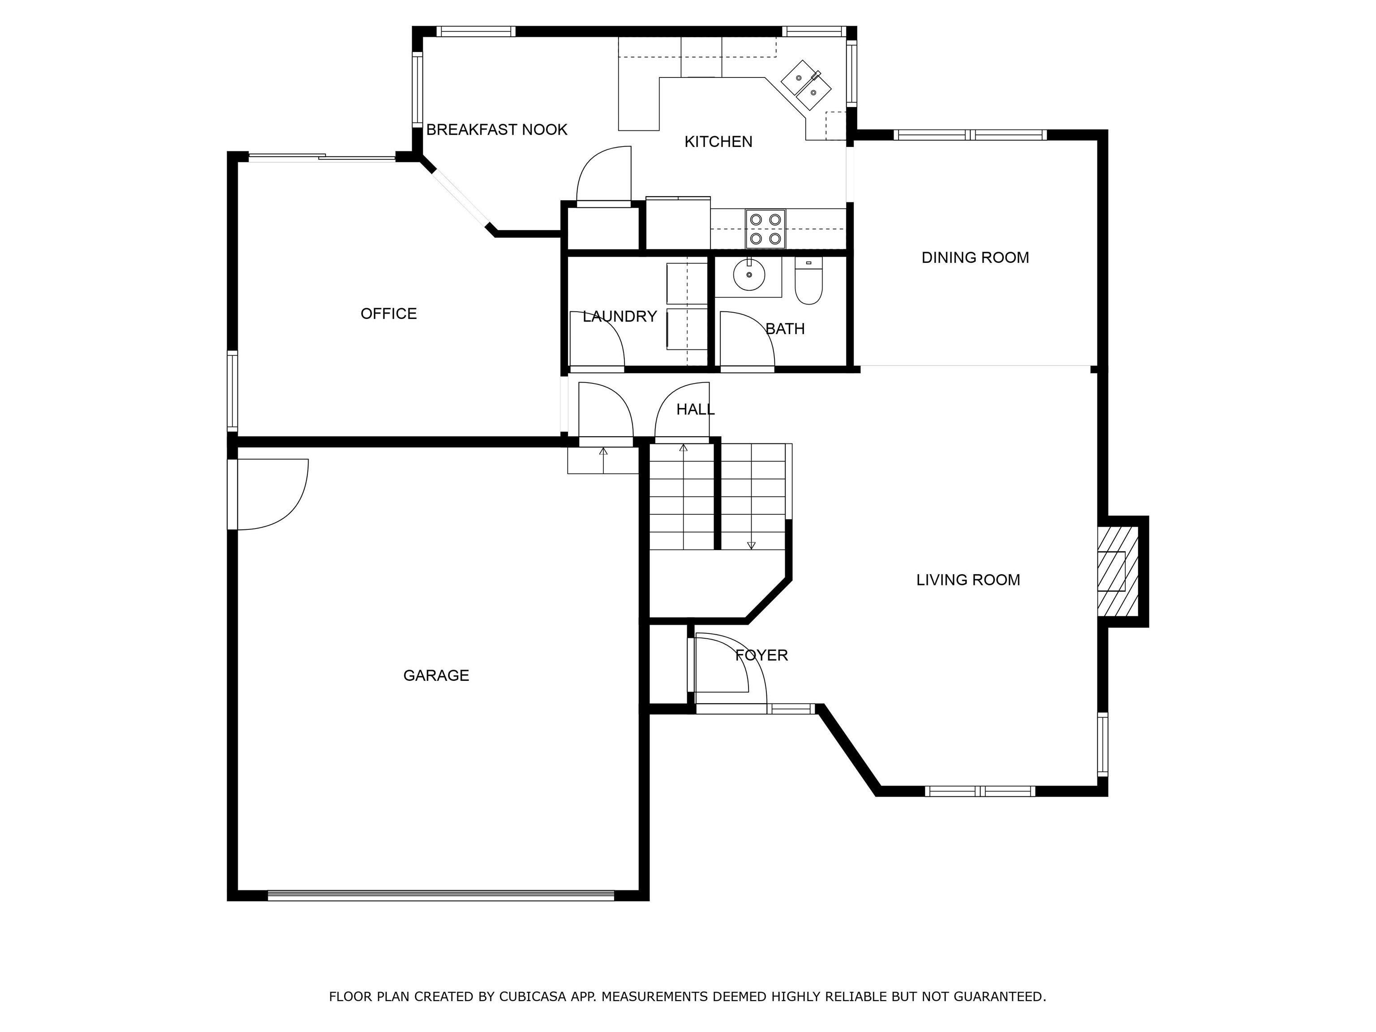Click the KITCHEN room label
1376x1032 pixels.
[718, 142]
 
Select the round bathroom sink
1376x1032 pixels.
[749, 274]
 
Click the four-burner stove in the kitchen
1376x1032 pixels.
[765, 228]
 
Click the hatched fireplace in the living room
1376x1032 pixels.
[1117, 572]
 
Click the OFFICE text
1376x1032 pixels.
[388, 314]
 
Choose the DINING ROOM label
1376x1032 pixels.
[975, 258]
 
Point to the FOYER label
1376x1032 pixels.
[761, 655]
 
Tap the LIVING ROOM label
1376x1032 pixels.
[968, 580]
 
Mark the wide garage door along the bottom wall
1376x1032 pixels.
[440, 896]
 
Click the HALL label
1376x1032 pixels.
[695, 409]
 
